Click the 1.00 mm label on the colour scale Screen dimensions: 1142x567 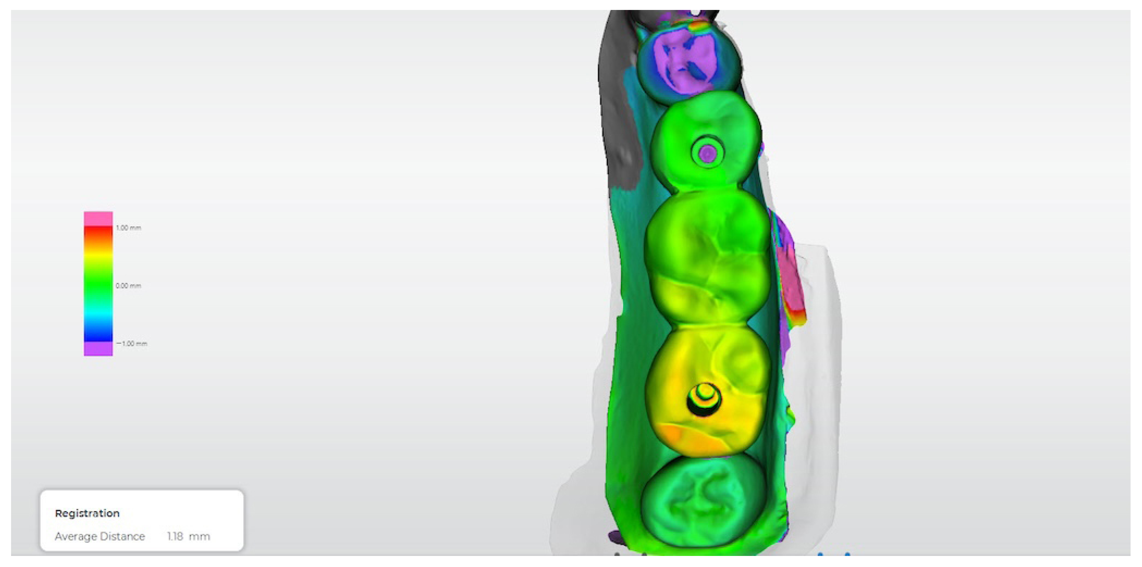pos(128,228)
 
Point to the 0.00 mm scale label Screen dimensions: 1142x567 pos(128,286)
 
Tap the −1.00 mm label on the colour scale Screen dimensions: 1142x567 pos(132,344)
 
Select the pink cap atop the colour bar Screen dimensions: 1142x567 pos(98,218)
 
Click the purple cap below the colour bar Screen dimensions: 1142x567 pos(98,349)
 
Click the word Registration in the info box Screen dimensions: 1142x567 pos(87,513)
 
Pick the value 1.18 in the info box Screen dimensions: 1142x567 pos(175,536)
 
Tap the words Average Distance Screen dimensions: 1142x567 pos(100,536)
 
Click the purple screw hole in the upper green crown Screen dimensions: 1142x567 pos(708,153)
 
